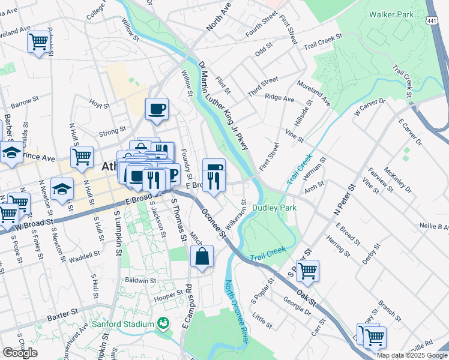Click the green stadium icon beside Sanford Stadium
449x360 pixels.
(162, 324)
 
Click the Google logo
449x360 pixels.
(20, 352)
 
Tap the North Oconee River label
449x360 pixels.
(237, 311)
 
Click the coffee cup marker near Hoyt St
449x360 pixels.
(157, 109)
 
